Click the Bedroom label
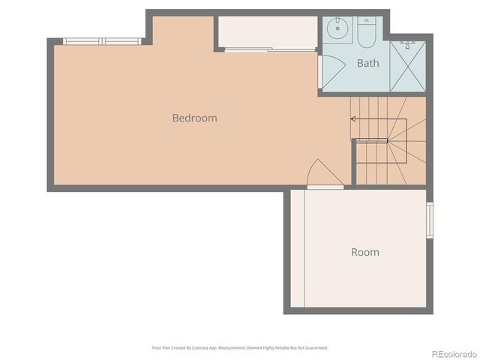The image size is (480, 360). point(194,118)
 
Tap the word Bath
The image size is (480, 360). point(367,64)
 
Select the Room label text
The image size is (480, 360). point(365,253)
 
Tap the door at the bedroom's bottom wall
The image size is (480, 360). point(324,175)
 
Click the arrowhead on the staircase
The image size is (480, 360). point(353,118)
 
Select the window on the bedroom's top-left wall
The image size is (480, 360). point(102,41)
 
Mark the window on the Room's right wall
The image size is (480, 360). point(430,220)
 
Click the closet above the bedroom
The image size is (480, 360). point(267,32)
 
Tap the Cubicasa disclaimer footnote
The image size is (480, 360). point(240,348)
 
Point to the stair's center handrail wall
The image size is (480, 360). point(371,140)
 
